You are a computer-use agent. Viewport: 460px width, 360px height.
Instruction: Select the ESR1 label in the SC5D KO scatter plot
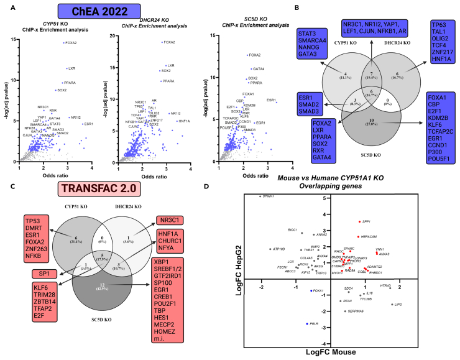click(271, 100)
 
